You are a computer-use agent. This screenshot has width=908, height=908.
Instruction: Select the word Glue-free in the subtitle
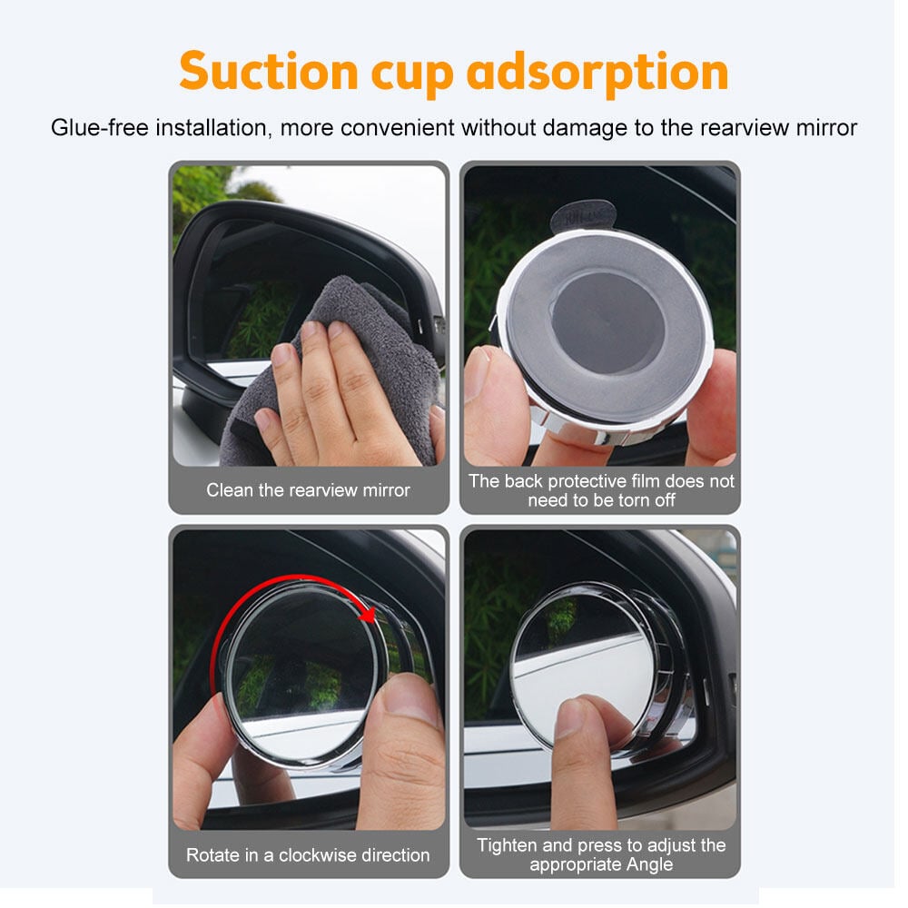click(x=98, y=127)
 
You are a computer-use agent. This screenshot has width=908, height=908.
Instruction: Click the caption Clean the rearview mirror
click(x=308, y=490)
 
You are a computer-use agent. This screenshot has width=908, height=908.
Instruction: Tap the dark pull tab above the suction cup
click(x=583, y=215)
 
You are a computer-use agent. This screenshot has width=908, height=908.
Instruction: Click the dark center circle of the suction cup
click(x=606, y=322)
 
